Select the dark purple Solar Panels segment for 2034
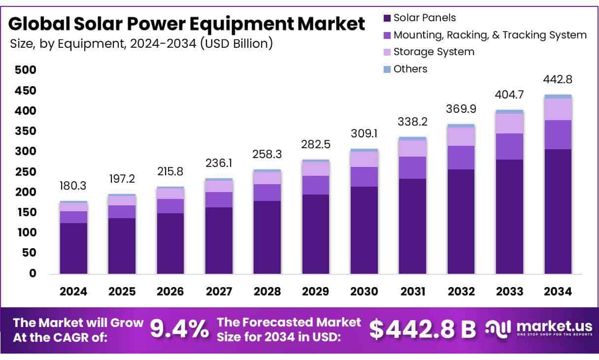click(x=558, y=212)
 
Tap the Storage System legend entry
click(x=433, y=52)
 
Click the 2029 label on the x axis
click(x=316, y=292)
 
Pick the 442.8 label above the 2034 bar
click(x=558, y=79)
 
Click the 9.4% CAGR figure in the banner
click(x=179, y=329)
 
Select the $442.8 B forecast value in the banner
click(x=423, y=329)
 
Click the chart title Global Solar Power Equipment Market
click(x=187, y=24)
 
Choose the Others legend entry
click(x=410, y=69)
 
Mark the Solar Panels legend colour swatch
click(x=387, y=18)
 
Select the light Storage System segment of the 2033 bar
click(x=509, y=124)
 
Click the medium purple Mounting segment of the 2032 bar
click(x=461, y=158)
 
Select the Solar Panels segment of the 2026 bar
click(x=170, y=244)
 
